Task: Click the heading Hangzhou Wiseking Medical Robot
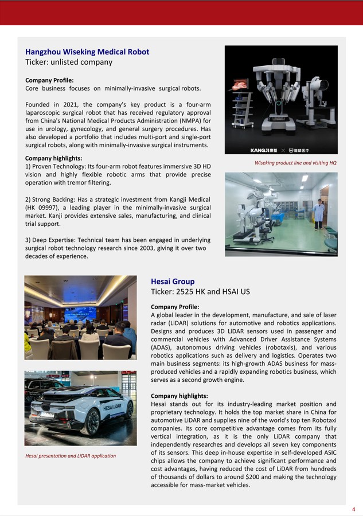click(x=87, y=52)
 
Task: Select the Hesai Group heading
click(x=173, y=282)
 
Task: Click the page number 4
click(x=354, y=509)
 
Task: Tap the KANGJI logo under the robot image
click(x=263, y=150)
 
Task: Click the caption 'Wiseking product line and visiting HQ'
click(x=295, y=163)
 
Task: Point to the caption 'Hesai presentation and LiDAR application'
click(x=71, y=456)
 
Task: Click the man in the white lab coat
click(x=319, y=213)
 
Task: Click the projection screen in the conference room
click(x=80, y=314)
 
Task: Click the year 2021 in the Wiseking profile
click(x=69, y=105)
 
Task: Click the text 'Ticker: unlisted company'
click(x=69, y=62)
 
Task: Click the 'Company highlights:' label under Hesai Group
click(x=179, y=396)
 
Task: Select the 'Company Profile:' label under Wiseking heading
click(x=49, y=80)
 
